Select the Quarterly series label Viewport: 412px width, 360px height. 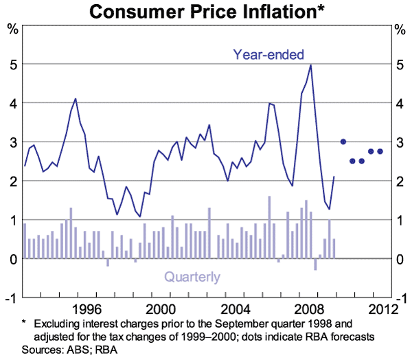pyautogui.click(x=192, y=277)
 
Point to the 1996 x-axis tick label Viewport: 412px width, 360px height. pyautogui.click(x=86, y=308)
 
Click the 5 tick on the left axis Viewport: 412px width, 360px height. pyautogui.click(x=12, y=64)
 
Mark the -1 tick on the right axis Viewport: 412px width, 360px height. pyautogui.click(x=400, y=298)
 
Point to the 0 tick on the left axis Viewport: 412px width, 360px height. pyautogui.click(x=12, y=259)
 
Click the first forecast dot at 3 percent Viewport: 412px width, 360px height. pyautogui.click(x=343, y=142)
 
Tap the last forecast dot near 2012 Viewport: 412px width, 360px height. pyautogui.click(x=380, y=151)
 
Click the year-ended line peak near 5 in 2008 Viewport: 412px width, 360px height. pyautogui.click(x=310, y=65)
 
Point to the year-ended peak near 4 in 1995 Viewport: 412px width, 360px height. pyautogui.click(x=76, y=99)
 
